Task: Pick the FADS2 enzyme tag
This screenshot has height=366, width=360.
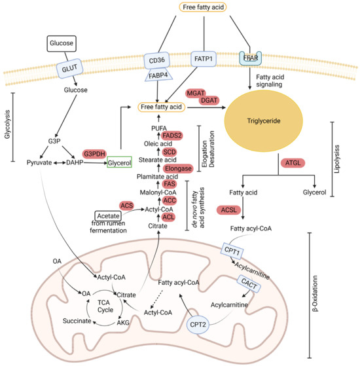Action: click(175, 136)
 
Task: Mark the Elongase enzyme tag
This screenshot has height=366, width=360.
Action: click(174, 168)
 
